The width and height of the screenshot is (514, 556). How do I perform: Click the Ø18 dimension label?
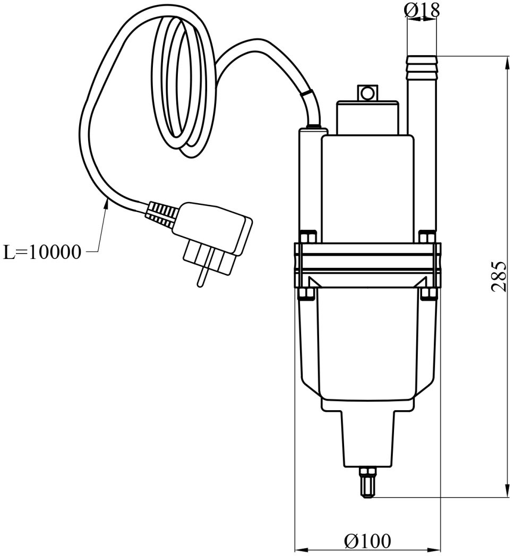(422, 9)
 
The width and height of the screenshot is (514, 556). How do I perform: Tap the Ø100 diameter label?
(367, 541)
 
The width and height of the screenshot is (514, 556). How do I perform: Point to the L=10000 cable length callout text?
(43, 252)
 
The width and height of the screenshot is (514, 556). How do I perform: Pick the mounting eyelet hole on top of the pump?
(365, 93)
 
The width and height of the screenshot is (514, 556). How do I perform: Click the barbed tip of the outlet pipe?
(421, 66)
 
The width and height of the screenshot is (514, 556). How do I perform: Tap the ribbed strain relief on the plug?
(161, 215)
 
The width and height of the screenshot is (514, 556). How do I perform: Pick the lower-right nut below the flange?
(427, 293)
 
